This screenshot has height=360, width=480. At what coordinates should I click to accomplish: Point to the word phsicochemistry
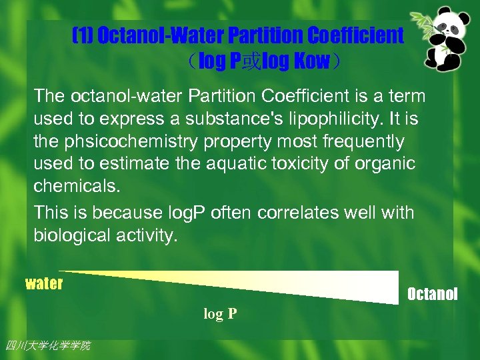(130, 142)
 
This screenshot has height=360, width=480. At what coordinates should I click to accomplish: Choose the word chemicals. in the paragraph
(77, 186)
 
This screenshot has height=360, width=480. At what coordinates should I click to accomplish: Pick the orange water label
(44, 284)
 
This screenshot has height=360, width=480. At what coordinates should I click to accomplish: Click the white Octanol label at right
(432, 294)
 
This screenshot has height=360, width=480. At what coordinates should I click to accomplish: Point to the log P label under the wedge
(221, 314)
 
